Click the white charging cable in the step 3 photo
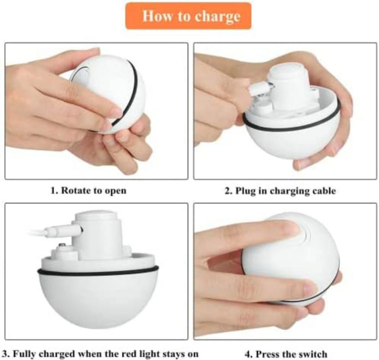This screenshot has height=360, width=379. click(x=47, y=233)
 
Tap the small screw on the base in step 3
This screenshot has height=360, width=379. click(x=62, y=245)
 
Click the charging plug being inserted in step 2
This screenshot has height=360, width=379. click(x=258, y=88)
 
